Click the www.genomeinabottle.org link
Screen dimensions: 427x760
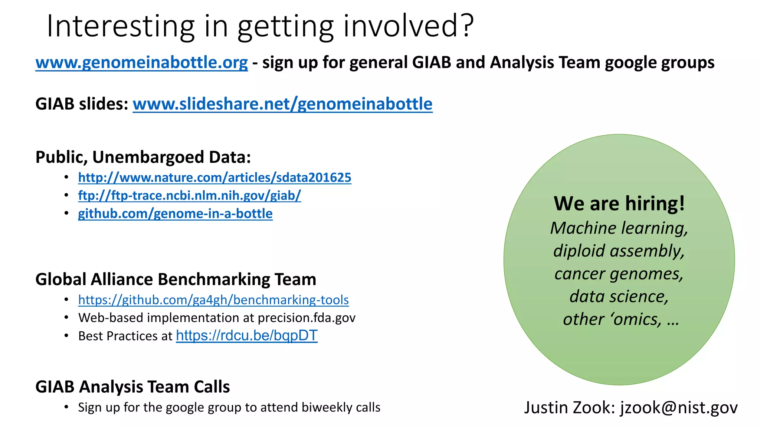(141, 63)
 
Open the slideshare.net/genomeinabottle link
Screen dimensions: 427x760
(282, 104)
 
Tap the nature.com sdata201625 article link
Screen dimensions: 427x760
(214, 178)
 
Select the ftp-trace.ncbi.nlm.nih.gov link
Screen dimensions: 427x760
(189, 195)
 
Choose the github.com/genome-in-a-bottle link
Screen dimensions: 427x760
(175, 213)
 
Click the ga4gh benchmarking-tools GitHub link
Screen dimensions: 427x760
(213, 300)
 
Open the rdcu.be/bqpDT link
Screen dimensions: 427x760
(247, 335)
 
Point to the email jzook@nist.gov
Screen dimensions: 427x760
(679, 408)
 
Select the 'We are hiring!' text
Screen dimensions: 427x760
(619, 203)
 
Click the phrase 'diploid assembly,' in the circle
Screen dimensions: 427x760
(619, 251)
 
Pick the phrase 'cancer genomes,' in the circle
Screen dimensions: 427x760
(619, 274)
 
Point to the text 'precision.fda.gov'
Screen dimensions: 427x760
(307, 318)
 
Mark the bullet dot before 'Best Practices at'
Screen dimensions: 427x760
(66, 336)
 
